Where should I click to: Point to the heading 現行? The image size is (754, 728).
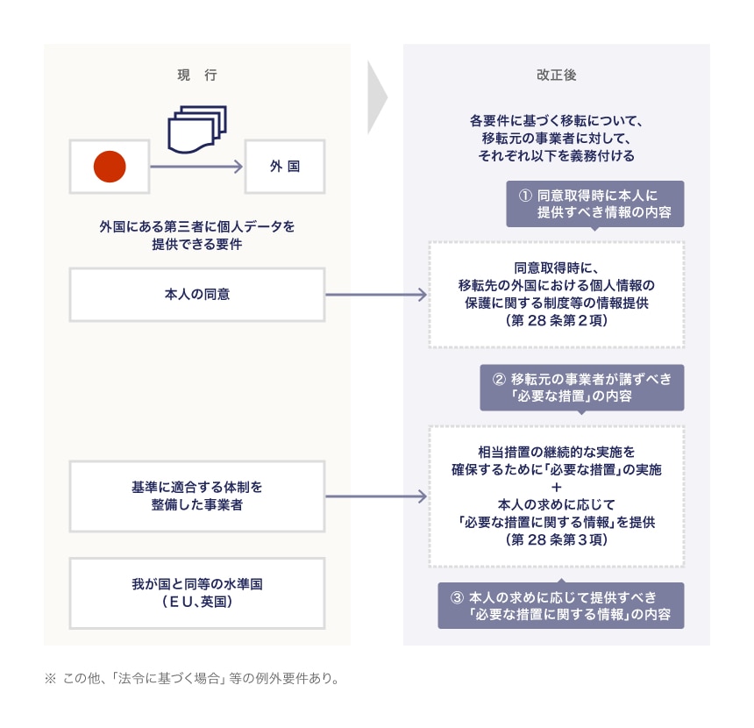(196, 75)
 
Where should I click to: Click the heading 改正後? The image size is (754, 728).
(556, 75)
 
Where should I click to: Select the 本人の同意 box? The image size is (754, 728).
(196, 295)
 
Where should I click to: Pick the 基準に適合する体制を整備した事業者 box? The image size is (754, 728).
(196, 496)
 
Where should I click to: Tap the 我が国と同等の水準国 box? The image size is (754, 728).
(196, 592)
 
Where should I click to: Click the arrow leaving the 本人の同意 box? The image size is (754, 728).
(377, 295)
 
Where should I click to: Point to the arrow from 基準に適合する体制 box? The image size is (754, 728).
(377, 496)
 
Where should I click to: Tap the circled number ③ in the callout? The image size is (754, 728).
(456, 597)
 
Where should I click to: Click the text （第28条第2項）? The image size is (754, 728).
(556, 321)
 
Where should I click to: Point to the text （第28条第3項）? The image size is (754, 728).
(556, 539)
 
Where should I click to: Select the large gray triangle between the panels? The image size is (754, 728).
(377, 96)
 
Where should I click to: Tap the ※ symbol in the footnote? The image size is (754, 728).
(50, 678)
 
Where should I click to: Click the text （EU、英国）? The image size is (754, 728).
(196, 603)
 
